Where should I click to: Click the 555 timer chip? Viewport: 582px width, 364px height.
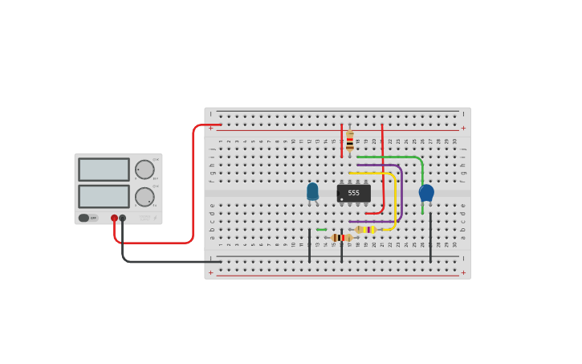pyautogui.click(x=354, y=193)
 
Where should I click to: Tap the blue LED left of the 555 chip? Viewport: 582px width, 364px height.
pyautogui.click(x=312, y=191)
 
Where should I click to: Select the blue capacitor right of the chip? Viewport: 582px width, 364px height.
pyautogui.click(x=426, y=193)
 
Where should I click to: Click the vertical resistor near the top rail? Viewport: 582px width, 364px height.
pyautogui.click(x=349, y=143)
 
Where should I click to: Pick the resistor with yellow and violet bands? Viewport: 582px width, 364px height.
pyautogui.click(x=366, y=230)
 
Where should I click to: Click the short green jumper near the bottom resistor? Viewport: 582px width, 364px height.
pyautogui.click(x=321, y=230)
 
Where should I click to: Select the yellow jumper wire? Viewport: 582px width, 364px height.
pyautogui.click(x=394, y=201)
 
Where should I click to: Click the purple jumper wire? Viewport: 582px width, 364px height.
pyautogui.click(x=400, y=193)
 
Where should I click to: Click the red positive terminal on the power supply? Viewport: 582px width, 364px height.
pyautogui.click(x=114, y=218)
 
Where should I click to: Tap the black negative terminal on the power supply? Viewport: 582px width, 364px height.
pyautogui.click(x=123, y=218)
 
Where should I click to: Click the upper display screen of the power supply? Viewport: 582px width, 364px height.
pyautogui.click(x=104, y=170)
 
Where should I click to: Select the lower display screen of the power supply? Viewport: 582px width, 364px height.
pyautogui.click(x=104, y=197)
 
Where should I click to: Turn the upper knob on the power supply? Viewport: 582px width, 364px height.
pyautogui.click(x=144, y=170)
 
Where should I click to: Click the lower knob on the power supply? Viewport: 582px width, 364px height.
pyautogui.click(x=144, y=197)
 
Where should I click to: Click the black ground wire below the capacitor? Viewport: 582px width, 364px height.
pyautogui.click(x=430, y=237)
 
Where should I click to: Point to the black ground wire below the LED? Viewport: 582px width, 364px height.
pyautogui.click(x=309, y=245)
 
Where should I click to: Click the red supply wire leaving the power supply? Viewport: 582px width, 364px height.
pyautogui.click(x=193, y=185)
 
